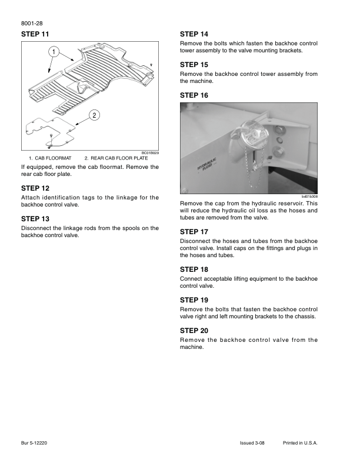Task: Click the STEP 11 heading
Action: coord(35,34)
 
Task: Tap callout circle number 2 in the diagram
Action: coord(93,115)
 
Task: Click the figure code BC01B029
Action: coord(149,153)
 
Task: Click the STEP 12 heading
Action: coord(35,188)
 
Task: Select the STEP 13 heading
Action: coord(35,218)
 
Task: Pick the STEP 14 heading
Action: coord(194,34)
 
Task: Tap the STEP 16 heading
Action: coord(194,95)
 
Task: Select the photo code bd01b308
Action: coord(309,197)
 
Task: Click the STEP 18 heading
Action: coord(194,269)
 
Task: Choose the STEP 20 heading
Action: coord(194,330)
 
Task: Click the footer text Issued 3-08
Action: coord(252,442)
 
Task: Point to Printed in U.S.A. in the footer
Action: coord(300,442)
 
